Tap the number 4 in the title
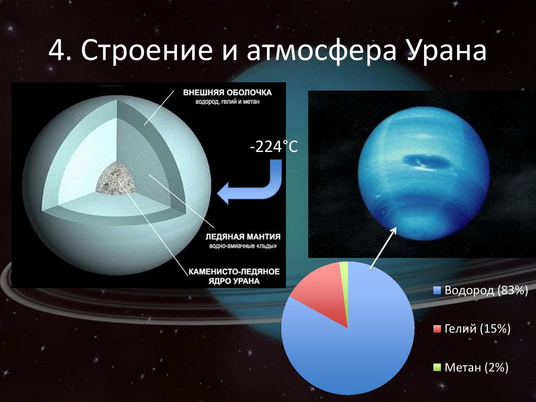point(57,51)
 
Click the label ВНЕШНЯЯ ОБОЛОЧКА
point(227,92)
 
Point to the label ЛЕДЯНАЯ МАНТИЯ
point(243,236)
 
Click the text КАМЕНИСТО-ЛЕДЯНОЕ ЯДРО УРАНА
point(234,276)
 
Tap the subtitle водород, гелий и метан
point(227,102)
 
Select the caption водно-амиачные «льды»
point(243,246)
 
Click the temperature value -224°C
point(274,147)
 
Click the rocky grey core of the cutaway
point(116,178)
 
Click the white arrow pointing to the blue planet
point(383,247)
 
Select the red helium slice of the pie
point(321,295)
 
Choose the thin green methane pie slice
point(344,288)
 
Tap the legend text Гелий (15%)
point(477,329)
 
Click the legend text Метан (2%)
point(476,367)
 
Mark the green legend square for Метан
point(437,367)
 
